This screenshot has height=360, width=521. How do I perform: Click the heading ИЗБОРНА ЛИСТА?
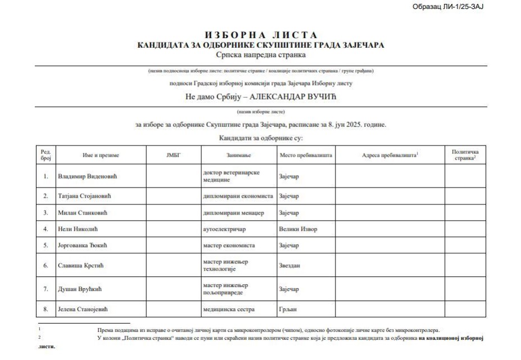(261, 35)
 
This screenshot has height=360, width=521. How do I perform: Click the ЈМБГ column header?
(174, 154)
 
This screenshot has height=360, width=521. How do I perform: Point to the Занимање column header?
(239, 154)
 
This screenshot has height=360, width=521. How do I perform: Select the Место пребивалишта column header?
(305, 154)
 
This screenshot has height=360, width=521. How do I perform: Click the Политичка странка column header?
(465, 154)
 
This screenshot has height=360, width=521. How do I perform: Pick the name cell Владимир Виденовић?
(90, 176)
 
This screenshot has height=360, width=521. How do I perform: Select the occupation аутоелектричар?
(225, 229)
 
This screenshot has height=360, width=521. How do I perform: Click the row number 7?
(46, 289)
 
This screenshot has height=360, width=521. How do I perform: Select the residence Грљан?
(287, 309)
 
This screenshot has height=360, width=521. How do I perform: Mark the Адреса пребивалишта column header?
(389, 154)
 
